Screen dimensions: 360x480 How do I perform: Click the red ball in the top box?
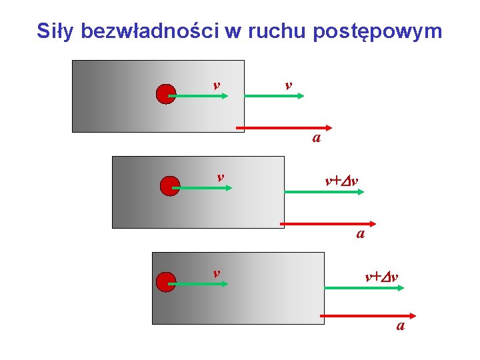165,95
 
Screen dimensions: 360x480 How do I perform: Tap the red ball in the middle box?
170,186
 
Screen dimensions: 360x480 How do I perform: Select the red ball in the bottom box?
165,283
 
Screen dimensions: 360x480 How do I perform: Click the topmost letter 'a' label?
317,139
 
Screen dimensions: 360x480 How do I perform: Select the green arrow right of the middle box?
324,192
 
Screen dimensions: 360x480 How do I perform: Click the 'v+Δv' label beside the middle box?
341,181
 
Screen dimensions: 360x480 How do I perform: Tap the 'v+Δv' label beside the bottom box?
381,275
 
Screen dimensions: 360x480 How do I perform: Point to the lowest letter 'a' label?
400,326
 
